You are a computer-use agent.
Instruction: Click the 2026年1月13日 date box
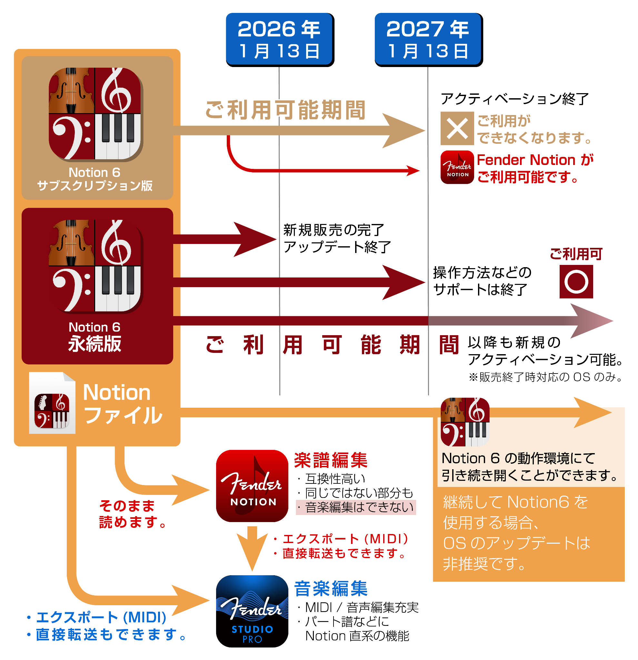280,39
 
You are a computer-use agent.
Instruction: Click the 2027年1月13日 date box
429,39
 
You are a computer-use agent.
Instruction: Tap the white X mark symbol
457,128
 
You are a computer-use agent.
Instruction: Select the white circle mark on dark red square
576,282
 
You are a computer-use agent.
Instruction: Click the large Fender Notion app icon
252,486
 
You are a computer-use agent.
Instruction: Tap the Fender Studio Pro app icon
252,611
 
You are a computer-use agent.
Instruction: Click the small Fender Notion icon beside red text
457,167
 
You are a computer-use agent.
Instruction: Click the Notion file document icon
52,403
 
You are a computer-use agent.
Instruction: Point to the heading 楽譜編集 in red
331,460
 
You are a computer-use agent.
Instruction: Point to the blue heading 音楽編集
331,588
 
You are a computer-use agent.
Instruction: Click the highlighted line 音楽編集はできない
356,507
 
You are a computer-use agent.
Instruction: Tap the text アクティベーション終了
515,99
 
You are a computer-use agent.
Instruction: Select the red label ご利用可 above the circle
576,254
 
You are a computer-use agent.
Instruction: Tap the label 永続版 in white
95,344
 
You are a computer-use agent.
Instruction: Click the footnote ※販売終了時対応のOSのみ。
546,377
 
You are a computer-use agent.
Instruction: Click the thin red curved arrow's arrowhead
413,170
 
